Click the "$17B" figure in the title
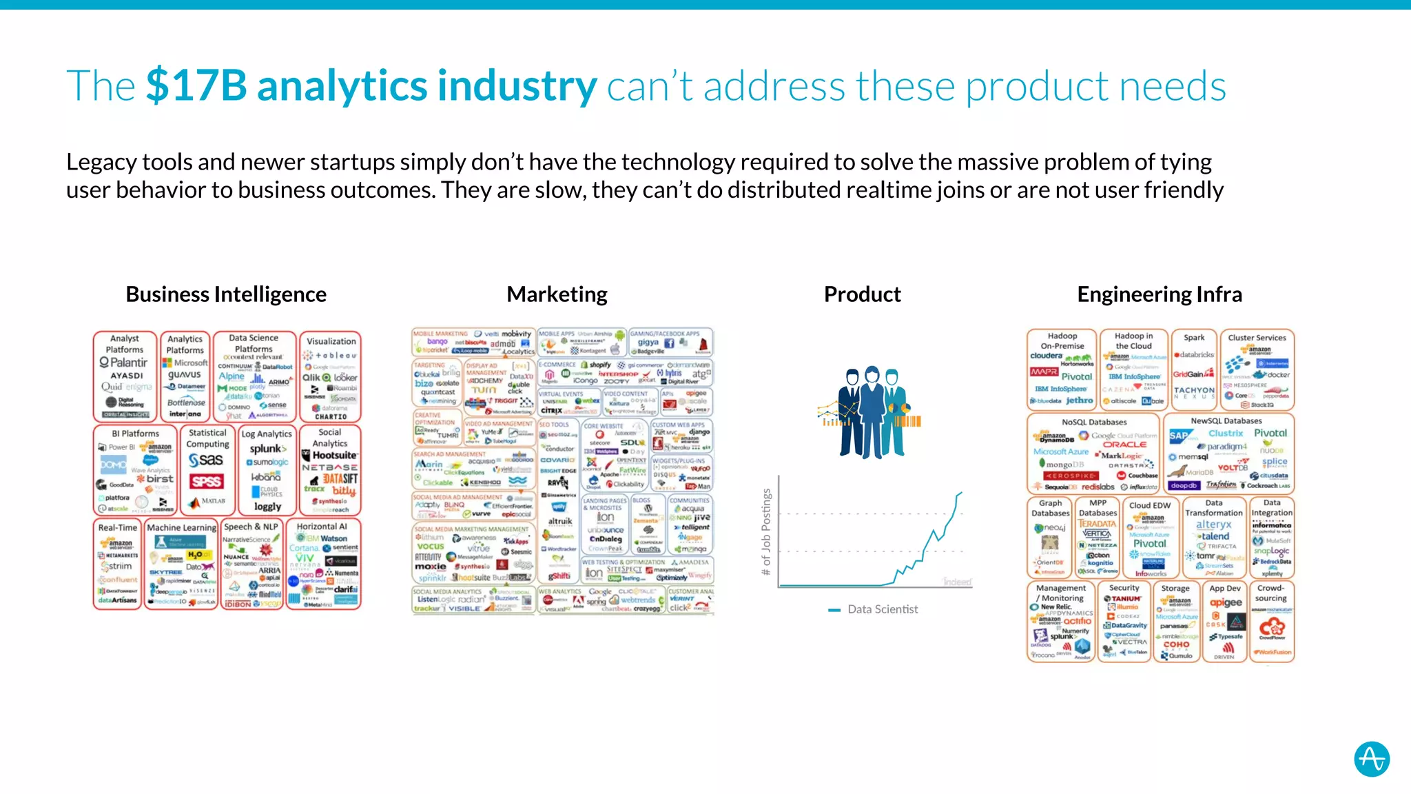pyautogui.click(x=196, y=87)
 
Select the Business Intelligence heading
pyautogui.click(x=226, y=294)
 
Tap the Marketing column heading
pyautogui.click(x=557, y=294)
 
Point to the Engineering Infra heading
pyautogui.click(x=1160, y=294)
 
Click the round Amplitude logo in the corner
pyautogui.click(x=1371, y=759)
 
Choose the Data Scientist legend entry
pyautogui.click(x=882, y=609)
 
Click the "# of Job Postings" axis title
pyautogui.click(x=766, y=532)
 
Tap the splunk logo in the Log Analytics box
pyautogui.click(x=267, y=449)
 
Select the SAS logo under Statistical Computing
pyautogui.click(x=206, y=460)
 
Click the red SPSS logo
pyautogui.click(x=206, y=481)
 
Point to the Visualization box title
pyautogui.click(x=331, y=341)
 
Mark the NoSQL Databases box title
pyautogui.click(x=1094, y=422)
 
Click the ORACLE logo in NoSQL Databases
pyautogui.click(x=1124, y=445)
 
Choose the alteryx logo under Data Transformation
pyautogui.click(x=1213, y=525)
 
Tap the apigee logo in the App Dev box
pyautogui.click(x=1226, y=602)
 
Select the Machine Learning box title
pyautogui.click(x=181, y=527)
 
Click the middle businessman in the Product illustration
pyautogui.click(x=872, y=410)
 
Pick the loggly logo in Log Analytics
pyautogui.click(x=267, y=507)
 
